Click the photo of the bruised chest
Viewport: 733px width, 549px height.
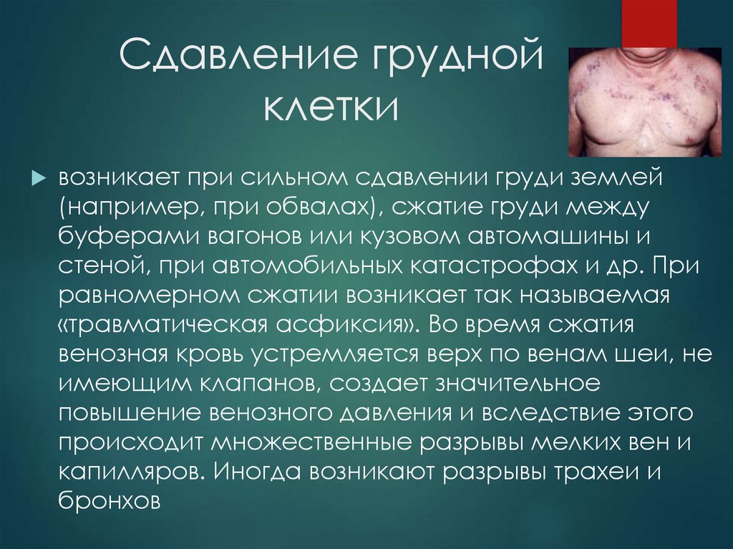click(644, 102)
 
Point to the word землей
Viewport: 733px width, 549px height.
click(626, 178)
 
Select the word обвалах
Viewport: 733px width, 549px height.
click(318, 208)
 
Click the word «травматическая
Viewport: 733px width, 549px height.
click(158, 325)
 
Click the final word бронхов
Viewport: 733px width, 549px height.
click(108, 502)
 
